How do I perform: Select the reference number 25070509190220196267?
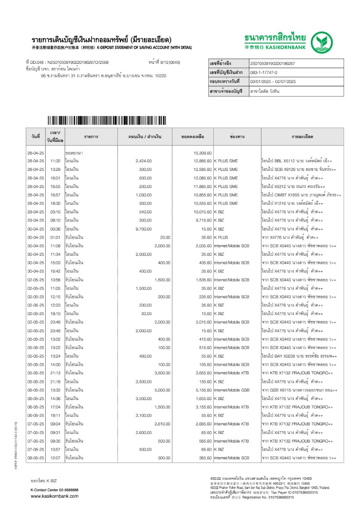click(x=272, y=64)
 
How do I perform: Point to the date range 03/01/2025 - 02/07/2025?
click(x=273, y=82)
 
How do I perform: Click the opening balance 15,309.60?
click(x=202, y=152)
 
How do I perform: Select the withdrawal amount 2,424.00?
click(x=143, y=161)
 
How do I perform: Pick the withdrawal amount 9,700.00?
click(x=143, y=229)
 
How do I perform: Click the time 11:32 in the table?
click(x=55, y=161)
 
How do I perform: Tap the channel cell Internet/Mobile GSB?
click(x=231, y=390)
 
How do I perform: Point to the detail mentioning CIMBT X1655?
click(x=301, y=195)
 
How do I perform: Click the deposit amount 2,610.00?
click(x=162, y=424)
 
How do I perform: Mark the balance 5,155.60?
click(x=202, y=390)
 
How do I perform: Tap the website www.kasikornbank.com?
click(x=55, y=496)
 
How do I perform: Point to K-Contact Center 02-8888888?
click(x=54, y=489)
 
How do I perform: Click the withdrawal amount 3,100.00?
click(x=143, y=416)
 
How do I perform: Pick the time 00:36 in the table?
click(x=55, y=229)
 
